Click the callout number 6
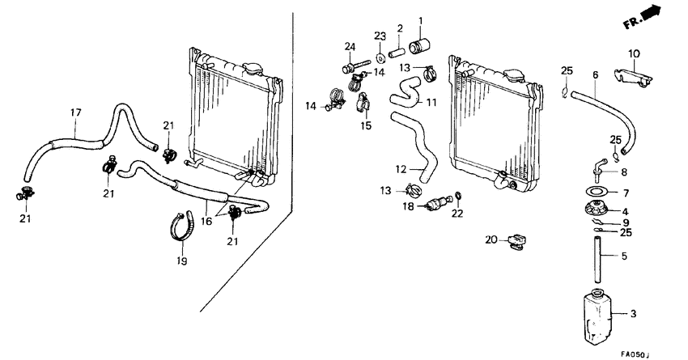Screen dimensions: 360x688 pyautogui.click(x=595, y=74)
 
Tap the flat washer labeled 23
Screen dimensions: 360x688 pyautogui.click(x=380, y=60)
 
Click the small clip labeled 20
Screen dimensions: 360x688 pyautogui.click(x=515, y=240)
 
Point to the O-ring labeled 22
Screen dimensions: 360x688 pyautogui.click(x=459, y=196)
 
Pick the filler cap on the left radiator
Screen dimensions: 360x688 pyautogui.click(x=256, y=69)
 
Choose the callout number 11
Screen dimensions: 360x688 pyautogui.click(x=431, y=103)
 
